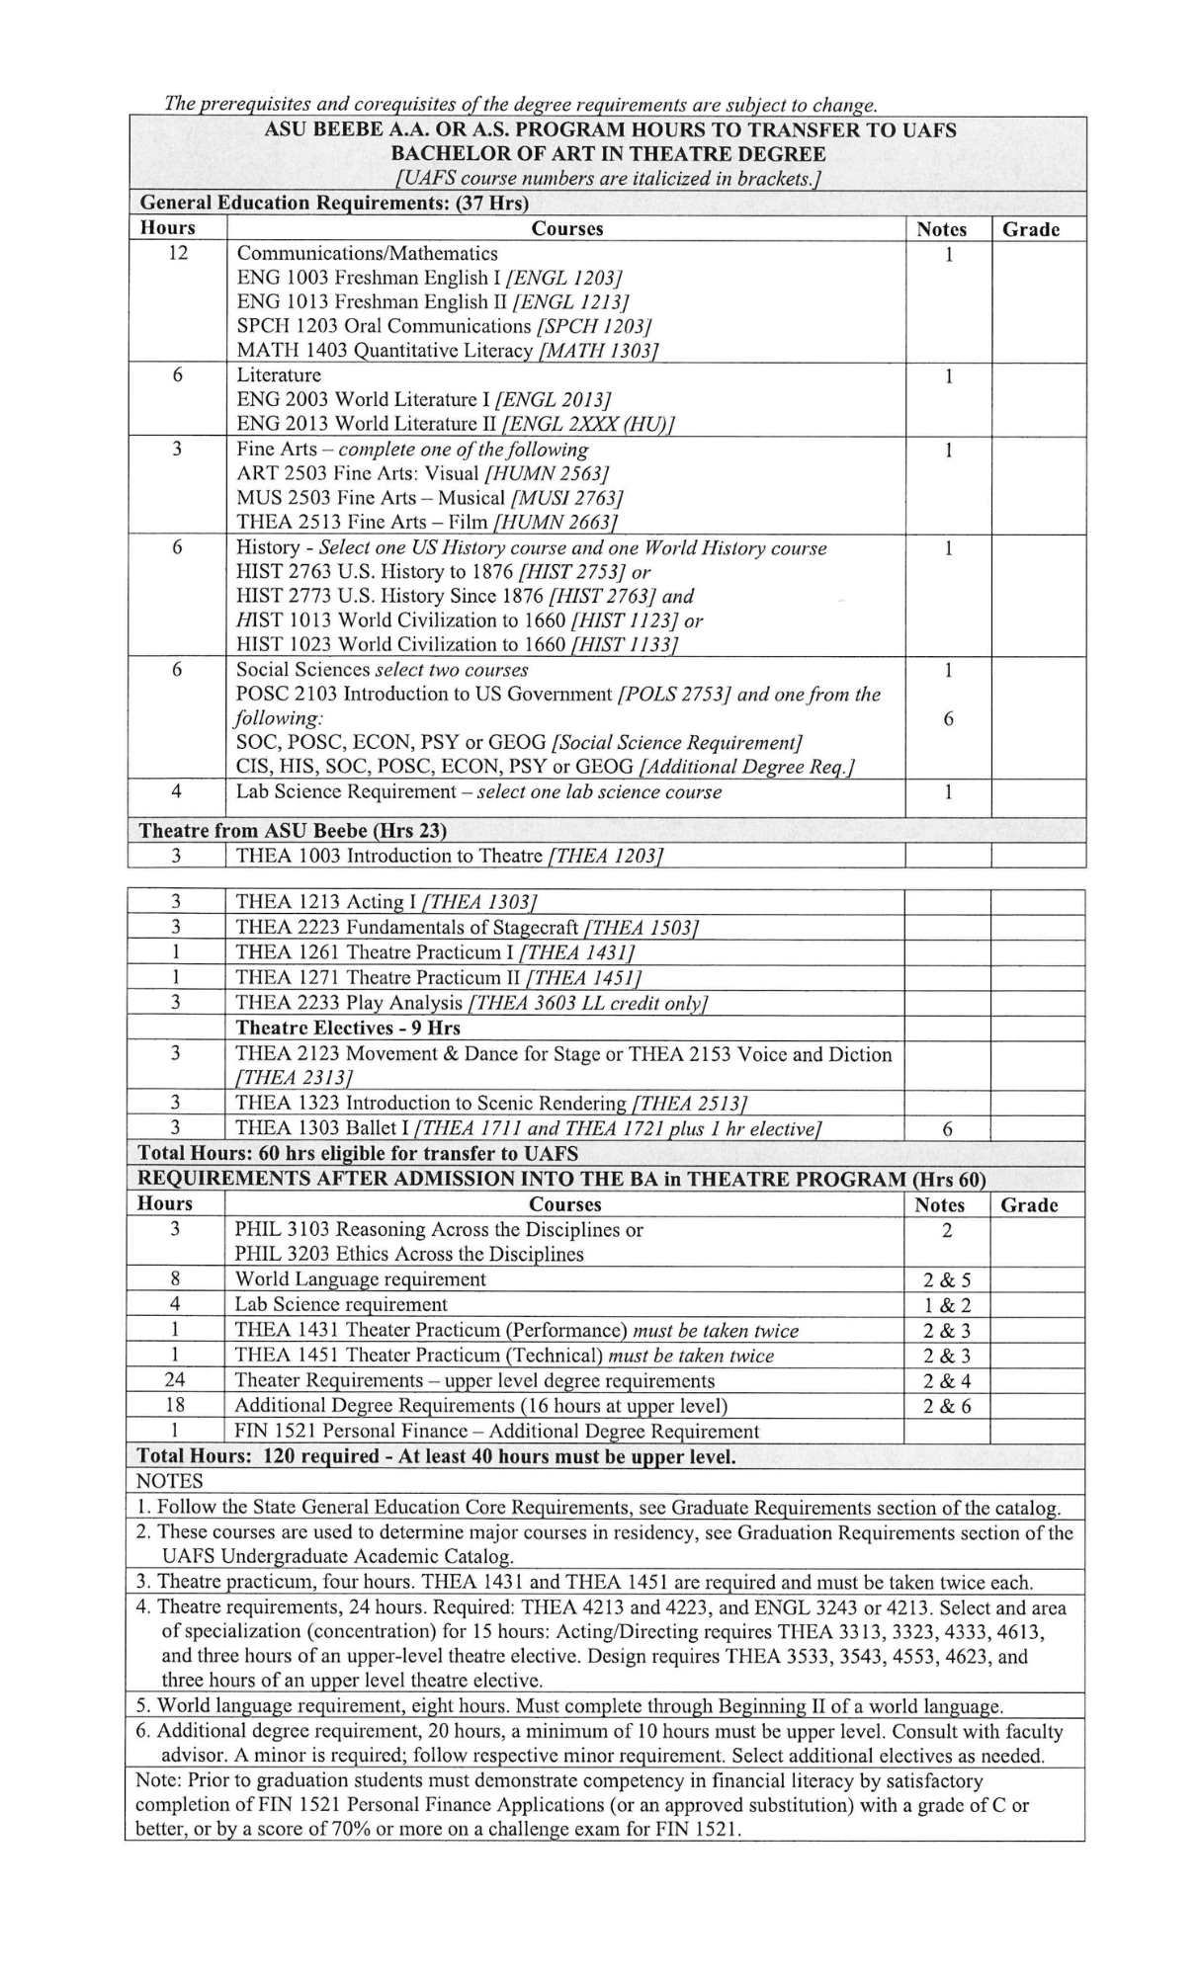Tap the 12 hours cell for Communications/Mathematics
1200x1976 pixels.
pos(178,253)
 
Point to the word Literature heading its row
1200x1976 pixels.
pos(279,375)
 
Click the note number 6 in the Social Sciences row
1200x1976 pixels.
pos(948,718)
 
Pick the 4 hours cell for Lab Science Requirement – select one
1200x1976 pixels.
pos(177,791)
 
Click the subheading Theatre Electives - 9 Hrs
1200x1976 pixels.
pos(348,1028)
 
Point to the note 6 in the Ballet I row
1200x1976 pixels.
pos(947,1129)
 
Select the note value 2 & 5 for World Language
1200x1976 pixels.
pos(947,1279)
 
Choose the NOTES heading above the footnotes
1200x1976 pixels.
pos(169,1481)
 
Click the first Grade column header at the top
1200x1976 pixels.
pos(1030,229)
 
